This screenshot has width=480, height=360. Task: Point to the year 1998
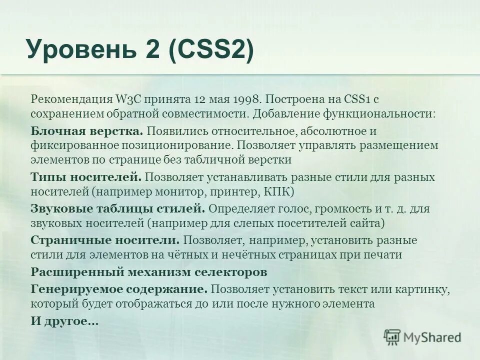click(244, 99)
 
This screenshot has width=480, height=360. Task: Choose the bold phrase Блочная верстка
click(87, 131)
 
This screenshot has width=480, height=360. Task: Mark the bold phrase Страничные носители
click(105, 240)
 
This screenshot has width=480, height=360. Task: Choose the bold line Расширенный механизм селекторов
click(149, 272)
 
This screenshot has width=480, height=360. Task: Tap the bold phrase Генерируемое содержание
click(119, 288)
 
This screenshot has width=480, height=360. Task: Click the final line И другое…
click(64, 321)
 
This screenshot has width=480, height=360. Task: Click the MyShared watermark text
click(433, 337)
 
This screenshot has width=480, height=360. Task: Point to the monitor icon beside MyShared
click(393, 337)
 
